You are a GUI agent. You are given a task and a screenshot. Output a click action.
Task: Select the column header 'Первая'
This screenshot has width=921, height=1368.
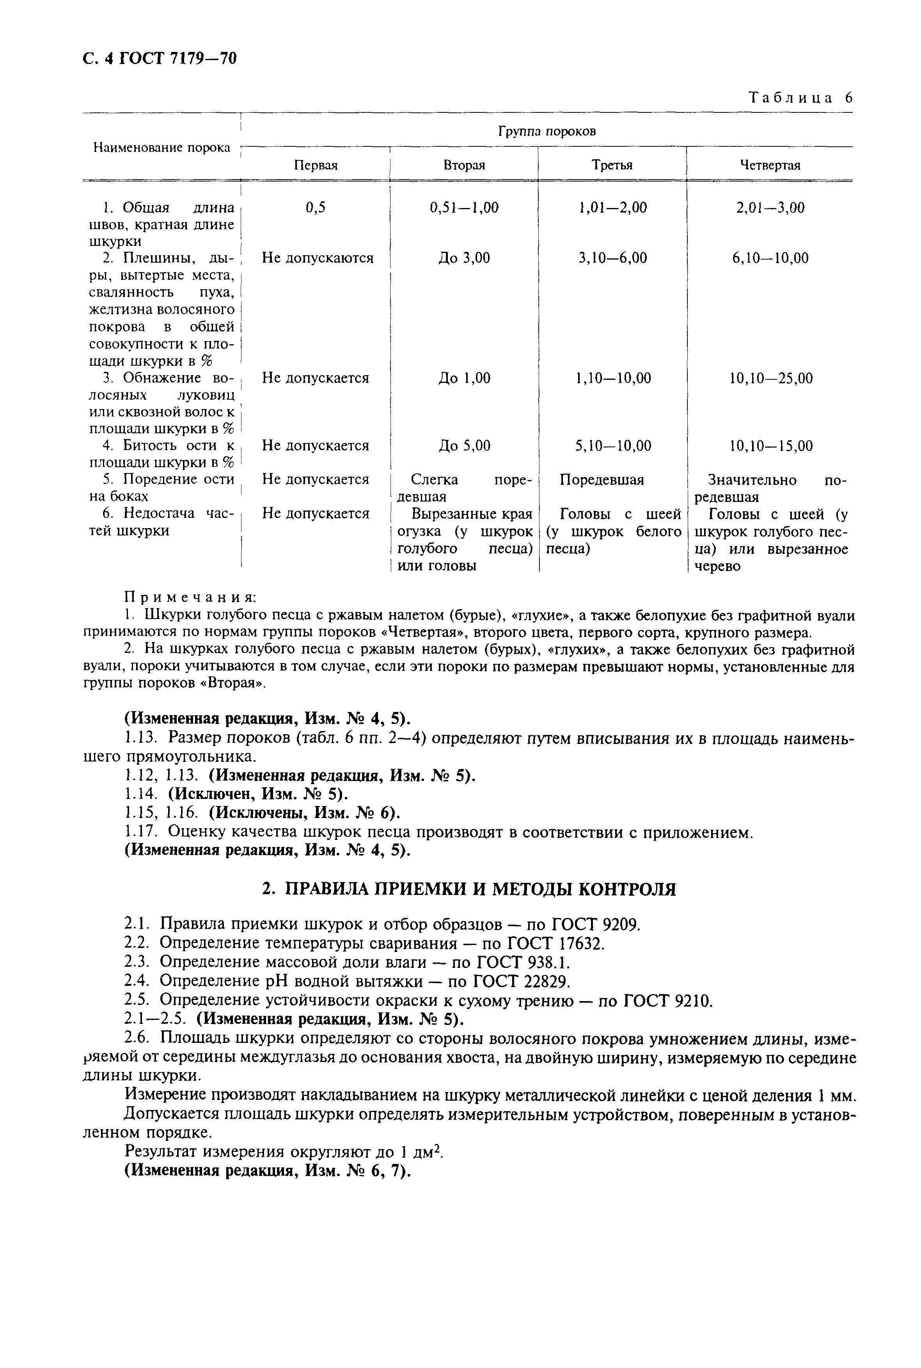click(316, 165)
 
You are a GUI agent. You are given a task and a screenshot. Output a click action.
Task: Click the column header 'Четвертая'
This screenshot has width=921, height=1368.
click(770, 165)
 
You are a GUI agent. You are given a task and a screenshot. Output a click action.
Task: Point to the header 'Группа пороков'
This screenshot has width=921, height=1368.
click(546, 131)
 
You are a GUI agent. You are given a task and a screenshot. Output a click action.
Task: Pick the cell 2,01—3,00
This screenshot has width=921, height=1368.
click(770, 207)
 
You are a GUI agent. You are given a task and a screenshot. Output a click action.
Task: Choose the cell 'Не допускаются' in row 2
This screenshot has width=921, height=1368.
click(317, 258)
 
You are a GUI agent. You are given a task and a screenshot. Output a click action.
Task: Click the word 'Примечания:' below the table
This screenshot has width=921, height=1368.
click(190, 597)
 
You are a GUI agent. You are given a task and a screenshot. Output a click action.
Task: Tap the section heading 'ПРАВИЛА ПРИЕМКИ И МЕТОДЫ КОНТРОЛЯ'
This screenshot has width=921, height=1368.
click(468, 889)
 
